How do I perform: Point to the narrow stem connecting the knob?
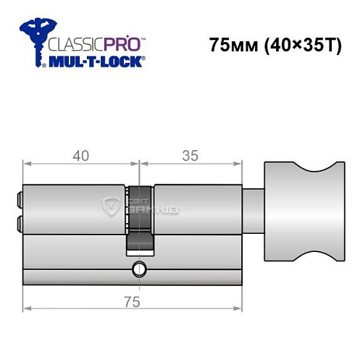pos(254,215)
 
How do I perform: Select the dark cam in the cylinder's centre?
pos(140,217)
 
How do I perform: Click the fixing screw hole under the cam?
pos(137,272)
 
